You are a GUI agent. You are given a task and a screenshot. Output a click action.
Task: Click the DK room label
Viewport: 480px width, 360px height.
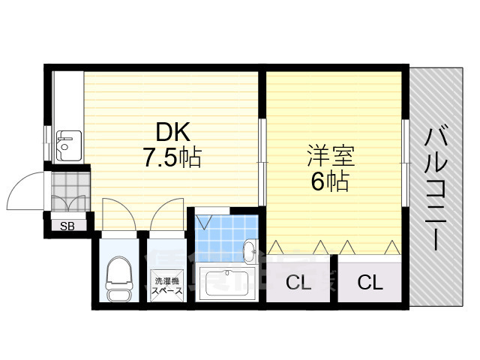(x=173, y=133)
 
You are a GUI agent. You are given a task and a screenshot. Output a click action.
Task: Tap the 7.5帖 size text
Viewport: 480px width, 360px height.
(x=173, y=157)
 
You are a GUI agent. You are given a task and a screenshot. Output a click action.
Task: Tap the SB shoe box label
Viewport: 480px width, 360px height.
(x=67, y=224)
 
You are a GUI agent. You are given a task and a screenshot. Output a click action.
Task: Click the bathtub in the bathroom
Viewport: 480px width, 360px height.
(x=223, y=284)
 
